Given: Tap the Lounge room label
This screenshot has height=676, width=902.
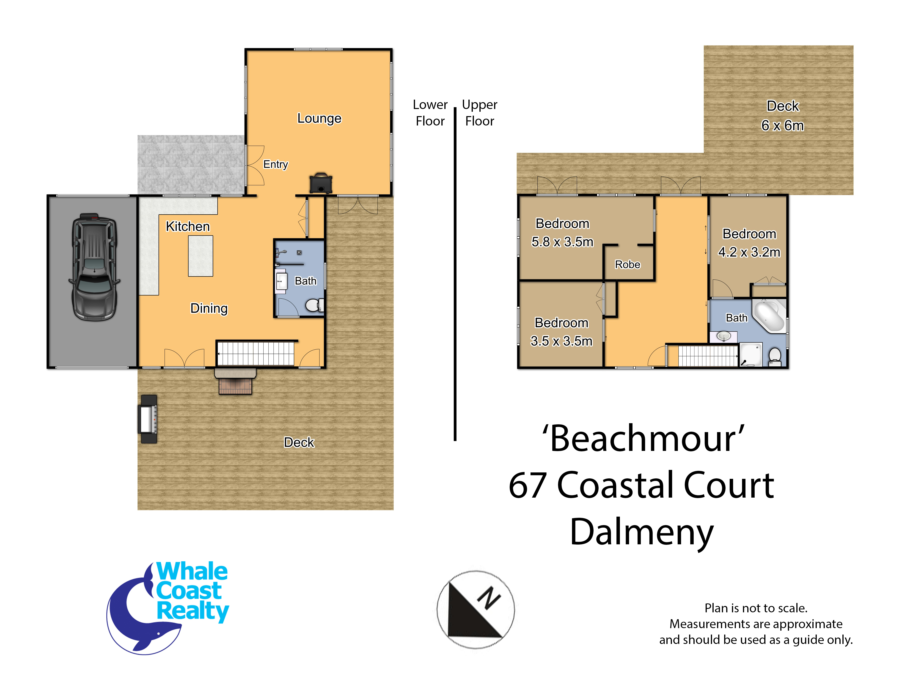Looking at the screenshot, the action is pyautogui.click(x=319, y=118).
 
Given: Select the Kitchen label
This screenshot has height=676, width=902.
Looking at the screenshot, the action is pyautogui.click(x=188, y=226).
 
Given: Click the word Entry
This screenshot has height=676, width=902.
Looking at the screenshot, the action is pyautogui.click(x=276, y=164).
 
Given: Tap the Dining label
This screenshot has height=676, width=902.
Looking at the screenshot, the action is pyautogui.click(x=209, y=308).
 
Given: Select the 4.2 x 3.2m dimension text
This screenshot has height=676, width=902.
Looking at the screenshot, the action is pyautogui.click(x=749, y=252).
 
